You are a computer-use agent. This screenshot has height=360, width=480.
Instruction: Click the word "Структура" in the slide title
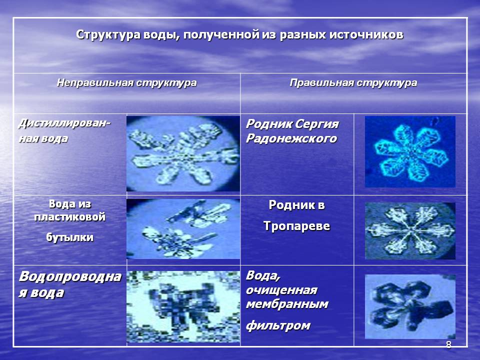click(108, 34)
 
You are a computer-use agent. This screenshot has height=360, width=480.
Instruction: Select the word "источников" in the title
click(366, 34)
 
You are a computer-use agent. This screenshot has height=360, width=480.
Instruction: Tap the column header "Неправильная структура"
click(126, 83)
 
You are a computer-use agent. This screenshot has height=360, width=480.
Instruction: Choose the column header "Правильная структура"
click(353, 83)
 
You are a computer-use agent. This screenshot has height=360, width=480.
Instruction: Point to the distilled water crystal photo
click(183, 153)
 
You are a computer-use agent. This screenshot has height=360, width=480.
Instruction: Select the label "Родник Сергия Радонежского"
click(292, 131)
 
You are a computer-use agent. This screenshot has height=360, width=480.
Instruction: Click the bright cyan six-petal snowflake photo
click(410, 151)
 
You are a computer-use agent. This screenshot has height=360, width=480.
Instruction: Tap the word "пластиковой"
click(70, 217)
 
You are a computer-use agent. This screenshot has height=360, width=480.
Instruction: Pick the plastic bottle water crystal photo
click(183, 229)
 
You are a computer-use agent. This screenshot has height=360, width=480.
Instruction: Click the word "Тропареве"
click(296, 226)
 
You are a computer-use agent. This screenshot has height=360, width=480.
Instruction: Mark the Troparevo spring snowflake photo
click(410, 231)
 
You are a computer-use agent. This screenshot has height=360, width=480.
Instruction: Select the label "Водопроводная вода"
click(70, 284)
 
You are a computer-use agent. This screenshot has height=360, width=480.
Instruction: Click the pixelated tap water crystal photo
click(183, 306)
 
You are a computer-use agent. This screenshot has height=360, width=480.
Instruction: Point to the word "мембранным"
click(287, 304)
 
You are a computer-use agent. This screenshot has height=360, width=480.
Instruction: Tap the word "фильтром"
click(278, 325)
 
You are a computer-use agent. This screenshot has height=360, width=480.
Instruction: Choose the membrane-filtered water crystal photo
click(410, 306)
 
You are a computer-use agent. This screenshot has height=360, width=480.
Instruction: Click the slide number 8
click(448, 345)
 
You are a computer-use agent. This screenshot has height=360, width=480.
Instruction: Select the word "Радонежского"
click(291, 138)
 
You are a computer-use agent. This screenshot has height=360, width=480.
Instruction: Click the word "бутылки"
click(70, 237)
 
